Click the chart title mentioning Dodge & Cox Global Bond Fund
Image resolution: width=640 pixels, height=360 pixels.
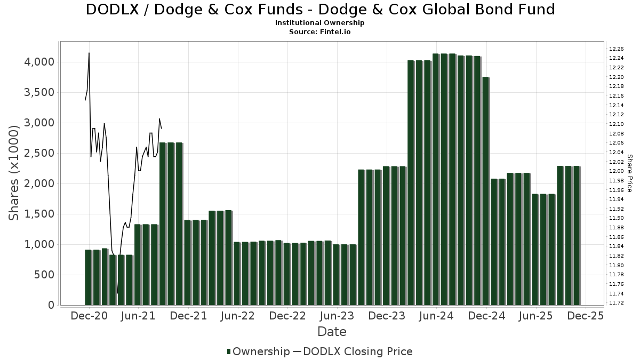point(320,10)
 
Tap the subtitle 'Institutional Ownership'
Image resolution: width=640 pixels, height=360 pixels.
point(320,23)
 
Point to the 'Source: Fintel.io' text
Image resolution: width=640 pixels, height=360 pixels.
point(320,31)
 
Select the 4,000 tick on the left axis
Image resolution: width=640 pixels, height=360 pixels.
point(39,62)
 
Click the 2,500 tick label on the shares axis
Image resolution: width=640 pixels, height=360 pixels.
point(39,154)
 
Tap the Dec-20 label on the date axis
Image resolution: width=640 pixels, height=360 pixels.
point(89,316)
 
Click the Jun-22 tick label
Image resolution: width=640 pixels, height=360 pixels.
point(238,316)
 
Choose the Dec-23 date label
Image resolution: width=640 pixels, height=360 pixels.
point(387,316)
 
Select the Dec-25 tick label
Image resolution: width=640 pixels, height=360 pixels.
point(586,316)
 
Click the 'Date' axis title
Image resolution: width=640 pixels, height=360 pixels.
point(332,332)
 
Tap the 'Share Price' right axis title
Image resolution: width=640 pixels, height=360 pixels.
point(629,173)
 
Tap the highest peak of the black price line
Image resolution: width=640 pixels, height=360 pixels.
point(89,53)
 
